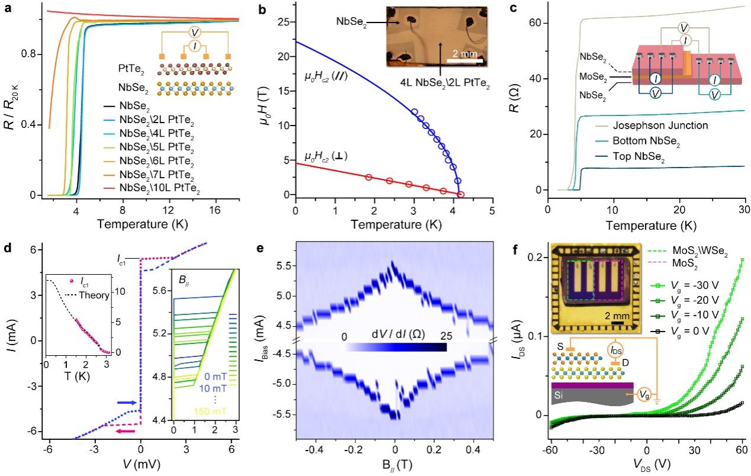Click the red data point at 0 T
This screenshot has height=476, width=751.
(x=461, y=194)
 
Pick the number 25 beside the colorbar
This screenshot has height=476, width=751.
(x=440, y=336)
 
